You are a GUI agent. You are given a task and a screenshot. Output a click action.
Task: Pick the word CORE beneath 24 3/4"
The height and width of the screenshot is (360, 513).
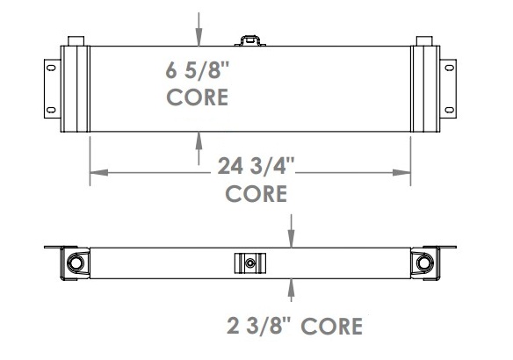[x=256, y=194]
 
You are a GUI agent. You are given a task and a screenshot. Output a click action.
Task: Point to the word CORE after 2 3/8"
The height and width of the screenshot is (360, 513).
[x=331, y=326]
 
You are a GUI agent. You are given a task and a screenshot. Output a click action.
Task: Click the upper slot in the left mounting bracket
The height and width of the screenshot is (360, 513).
[x=52, y=68]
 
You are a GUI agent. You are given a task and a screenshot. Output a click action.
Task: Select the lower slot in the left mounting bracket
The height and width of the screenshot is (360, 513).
[x=52, y=110]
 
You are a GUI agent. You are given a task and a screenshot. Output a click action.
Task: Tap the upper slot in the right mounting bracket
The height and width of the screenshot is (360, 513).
[x=449, y=68]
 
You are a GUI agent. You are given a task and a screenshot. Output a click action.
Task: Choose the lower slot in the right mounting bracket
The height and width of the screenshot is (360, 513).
[x=449, y=110]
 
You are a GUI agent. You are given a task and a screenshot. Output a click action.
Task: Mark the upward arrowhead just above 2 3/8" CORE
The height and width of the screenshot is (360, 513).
[x=292, y=285]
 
